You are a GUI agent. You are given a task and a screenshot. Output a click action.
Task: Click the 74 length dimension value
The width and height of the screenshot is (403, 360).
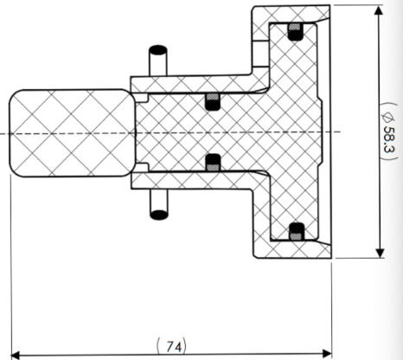coord(175,346)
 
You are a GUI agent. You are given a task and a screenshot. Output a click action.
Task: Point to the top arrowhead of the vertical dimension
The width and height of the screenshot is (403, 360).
coord(379,10)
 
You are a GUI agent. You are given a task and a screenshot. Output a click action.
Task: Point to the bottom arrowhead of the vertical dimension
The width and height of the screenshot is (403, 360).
coord(381,253)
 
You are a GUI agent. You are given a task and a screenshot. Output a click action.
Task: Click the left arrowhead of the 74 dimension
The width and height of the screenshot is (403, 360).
coord(16,355)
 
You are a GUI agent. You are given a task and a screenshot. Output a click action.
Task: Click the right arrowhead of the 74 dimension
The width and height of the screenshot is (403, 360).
coord(327,353)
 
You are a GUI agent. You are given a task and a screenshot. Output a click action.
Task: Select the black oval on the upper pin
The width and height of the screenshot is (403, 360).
coord(158,49)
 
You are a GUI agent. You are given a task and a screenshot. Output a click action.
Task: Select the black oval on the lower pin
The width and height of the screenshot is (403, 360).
coord(159,215)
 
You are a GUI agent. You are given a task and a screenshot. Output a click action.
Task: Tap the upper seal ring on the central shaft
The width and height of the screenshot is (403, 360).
coord(212,101)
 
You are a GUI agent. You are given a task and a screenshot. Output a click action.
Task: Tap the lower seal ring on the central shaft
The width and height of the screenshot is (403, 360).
coord(214,163)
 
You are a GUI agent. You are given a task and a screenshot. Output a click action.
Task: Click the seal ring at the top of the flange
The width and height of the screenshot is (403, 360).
coord(296,32)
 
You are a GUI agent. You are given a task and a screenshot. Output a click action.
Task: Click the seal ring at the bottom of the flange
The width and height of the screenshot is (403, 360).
coord(297,232)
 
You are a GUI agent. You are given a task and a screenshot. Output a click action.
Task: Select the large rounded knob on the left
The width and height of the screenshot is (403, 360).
coord(73,133)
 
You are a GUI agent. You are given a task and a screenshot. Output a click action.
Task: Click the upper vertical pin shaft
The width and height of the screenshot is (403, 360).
coord(158,63)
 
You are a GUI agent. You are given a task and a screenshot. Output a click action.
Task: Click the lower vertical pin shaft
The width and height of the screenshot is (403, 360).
coord(159,202)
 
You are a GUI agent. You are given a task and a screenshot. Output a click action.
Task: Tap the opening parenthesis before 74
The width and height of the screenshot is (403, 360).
coord(159,346)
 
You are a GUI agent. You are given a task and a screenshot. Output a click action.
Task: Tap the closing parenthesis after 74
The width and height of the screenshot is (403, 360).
coord(185,346)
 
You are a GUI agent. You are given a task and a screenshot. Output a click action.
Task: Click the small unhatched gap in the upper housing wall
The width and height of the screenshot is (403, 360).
coord(260,54)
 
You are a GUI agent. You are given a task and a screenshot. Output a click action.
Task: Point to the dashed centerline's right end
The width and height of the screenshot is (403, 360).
coord(341,132)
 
